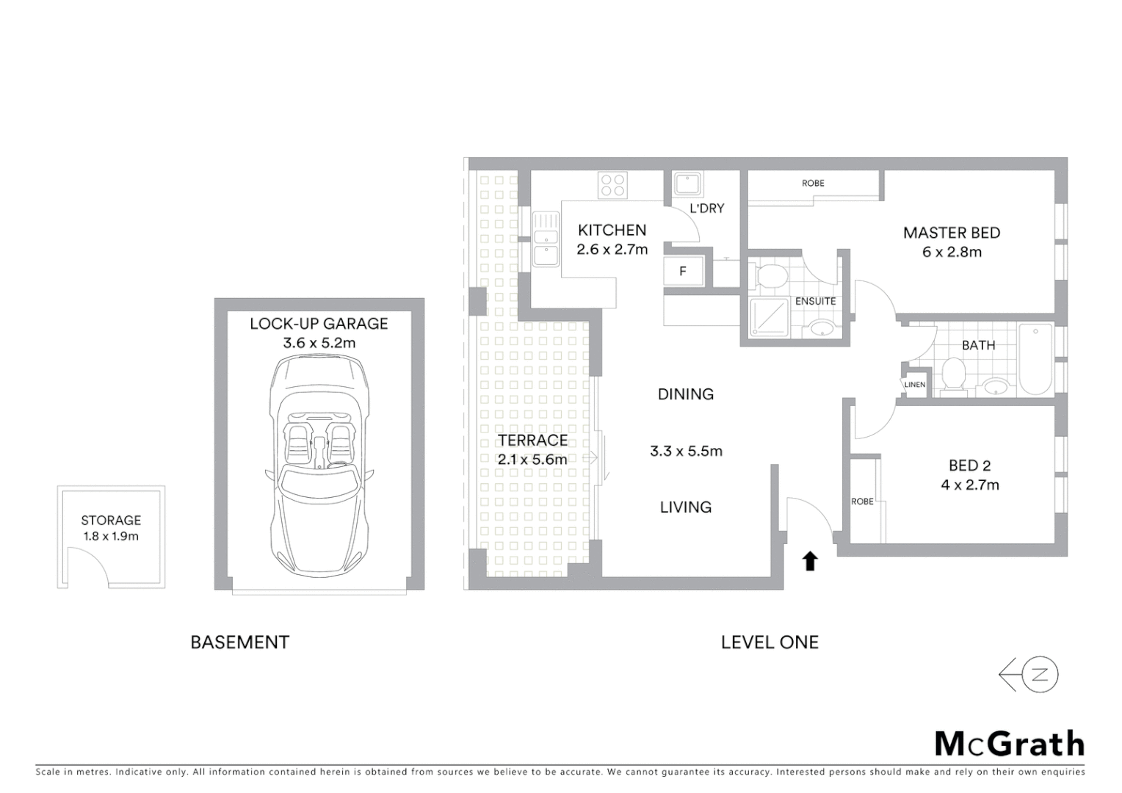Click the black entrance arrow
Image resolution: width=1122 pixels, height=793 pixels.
[x=809, y=562]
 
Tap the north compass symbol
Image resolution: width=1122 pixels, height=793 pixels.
[x=1029, y=675]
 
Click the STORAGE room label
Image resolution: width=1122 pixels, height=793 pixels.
[x=111, y=520]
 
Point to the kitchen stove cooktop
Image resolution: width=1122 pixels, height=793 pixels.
[x=612, y=184]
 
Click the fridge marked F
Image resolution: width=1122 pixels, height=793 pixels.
[x=683, y=272]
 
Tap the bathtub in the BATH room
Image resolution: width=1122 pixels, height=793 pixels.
[x=1035, y=360]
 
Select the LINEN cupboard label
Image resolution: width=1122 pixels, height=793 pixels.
[x=915, y=385]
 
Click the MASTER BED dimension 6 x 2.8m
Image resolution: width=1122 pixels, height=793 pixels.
[x=952, y=252]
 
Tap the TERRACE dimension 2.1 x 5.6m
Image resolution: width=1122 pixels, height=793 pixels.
[x=532, y=460]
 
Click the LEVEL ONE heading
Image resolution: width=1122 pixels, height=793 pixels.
[x=770, y=642]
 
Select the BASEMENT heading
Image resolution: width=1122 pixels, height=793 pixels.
[x=240, y=642]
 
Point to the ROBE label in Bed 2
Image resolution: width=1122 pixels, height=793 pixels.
[x=862, y=501]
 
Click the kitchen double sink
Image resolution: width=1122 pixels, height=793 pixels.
[x=545, y=238]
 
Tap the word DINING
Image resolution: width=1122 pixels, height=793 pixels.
[x=686, y=394]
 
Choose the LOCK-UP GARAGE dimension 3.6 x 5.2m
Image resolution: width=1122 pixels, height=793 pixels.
[x=319, y=343]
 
